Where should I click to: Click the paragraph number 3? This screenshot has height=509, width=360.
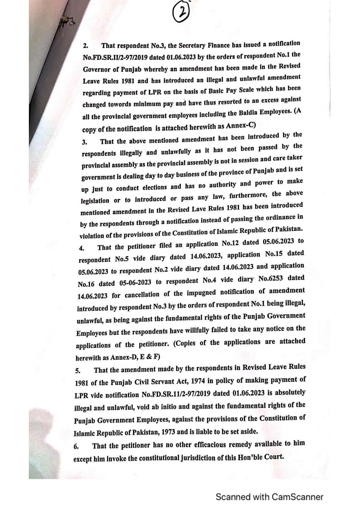[84, 142]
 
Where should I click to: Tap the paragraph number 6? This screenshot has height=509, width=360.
[76, 447]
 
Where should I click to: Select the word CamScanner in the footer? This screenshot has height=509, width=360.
[297, 497]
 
